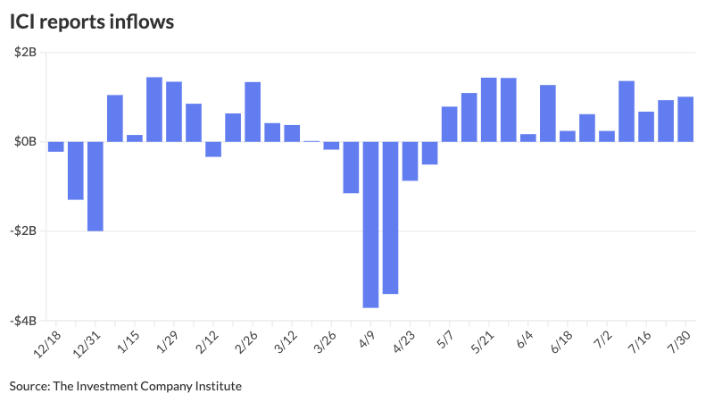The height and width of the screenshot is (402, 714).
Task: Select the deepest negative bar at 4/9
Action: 370,224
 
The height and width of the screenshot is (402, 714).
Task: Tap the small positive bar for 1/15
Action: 135,138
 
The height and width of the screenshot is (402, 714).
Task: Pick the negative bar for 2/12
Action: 213,149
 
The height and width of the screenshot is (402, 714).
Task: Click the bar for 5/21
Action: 488,110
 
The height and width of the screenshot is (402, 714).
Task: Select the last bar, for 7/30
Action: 685,119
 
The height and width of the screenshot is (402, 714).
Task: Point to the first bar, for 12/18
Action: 55,147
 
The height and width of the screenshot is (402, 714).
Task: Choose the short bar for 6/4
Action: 527,138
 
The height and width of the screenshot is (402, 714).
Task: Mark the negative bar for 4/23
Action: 410,161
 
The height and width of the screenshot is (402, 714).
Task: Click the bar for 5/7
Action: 449,124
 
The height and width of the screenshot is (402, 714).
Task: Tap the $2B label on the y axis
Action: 25,53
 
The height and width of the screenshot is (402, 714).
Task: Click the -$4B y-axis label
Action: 23,321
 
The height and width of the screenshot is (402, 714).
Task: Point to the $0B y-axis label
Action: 25,142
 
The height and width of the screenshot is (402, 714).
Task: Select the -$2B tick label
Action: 23,231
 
